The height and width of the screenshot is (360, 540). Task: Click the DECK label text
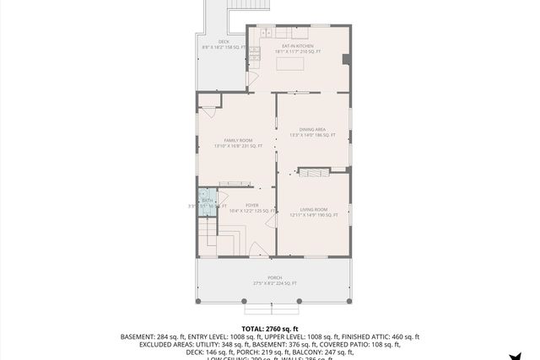pyautogui.click(x=224, y=41)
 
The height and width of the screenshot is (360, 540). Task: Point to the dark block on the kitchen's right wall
pyautogui.click(x=346, y=59)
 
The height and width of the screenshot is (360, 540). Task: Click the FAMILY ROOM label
pyautogui.click(x=238, y=141)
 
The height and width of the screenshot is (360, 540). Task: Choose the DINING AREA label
pyautogui.click(x=312, y=129)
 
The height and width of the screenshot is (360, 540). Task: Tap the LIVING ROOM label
pyautogui.click(x=313, y=209)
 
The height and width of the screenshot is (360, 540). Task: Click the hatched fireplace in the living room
pyautogui.click(x=313, y=171)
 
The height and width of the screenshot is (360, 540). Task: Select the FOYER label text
pyautogui.click(x=251, y=205)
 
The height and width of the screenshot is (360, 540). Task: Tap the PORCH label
pyautogui.click(x=275, y=277)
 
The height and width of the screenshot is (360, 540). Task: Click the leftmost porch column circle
pyautogui.click(x=197, y=300)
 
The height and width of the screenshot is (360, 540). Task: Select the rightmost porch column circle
pyautogui.click(x=350, y=300)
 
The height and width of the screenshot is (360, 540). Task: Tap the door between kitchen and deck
pyautogui.click(x=251, y=78)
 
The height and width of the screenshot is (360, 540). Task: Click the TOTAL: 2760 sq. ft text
pyautogui.click(x=270, y=328)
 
